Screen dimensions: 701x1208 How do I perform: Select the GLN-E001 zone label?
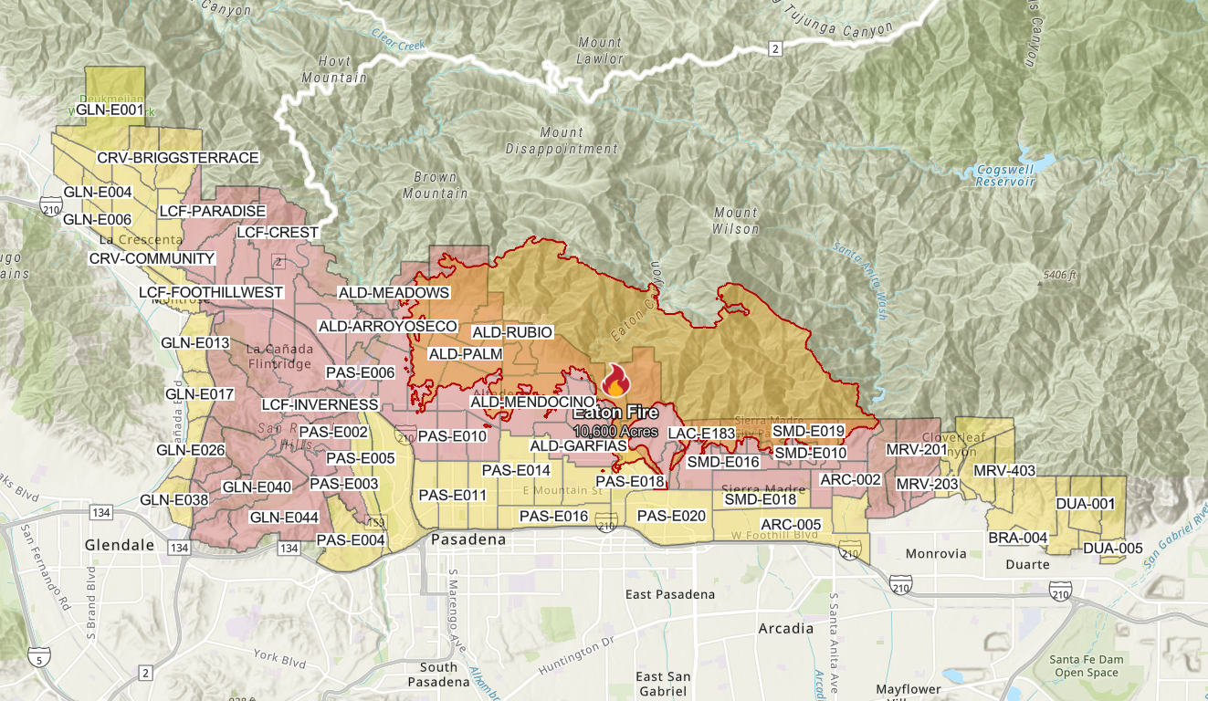(x=110, y=110)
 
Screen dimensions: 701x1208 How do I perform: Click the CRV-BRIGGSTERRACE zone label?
(x=178, y=158)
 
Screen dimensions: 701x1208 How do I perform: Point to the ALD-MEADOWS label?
(x=394, y=293)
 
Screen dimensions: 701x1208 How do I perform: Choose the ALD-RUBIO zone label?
(x=511, y=331)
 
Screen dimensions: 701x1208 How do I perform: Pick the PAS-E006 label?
(x=360, y=372)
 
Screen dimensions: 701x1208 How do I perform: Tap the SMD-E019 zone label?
(x=808, y=431)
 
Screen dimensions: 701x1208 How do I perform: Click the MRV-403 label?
(x=1004, y=471)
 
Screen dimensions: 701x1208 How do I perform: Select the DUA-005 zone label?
(x=1112, y=549)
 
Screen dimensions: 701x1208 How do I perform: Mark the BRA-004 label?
(x=1017, y=538)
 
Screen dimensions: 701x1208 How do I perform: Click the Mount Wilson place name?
(x=736, y=221)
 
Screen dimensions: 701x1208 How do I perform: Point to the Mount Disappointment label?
(x=562, y=141)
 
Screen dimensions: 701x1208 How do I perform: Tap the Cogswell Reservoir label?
(x=1002, y=175)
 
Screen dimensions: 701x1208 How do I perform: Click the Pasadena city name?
(x=468, y=539)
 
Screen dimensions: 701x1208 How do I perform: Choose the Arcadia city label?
(x=785, y=629)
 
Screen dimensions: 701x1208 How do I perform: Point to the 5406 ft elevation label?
(x=1060, y=275)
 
